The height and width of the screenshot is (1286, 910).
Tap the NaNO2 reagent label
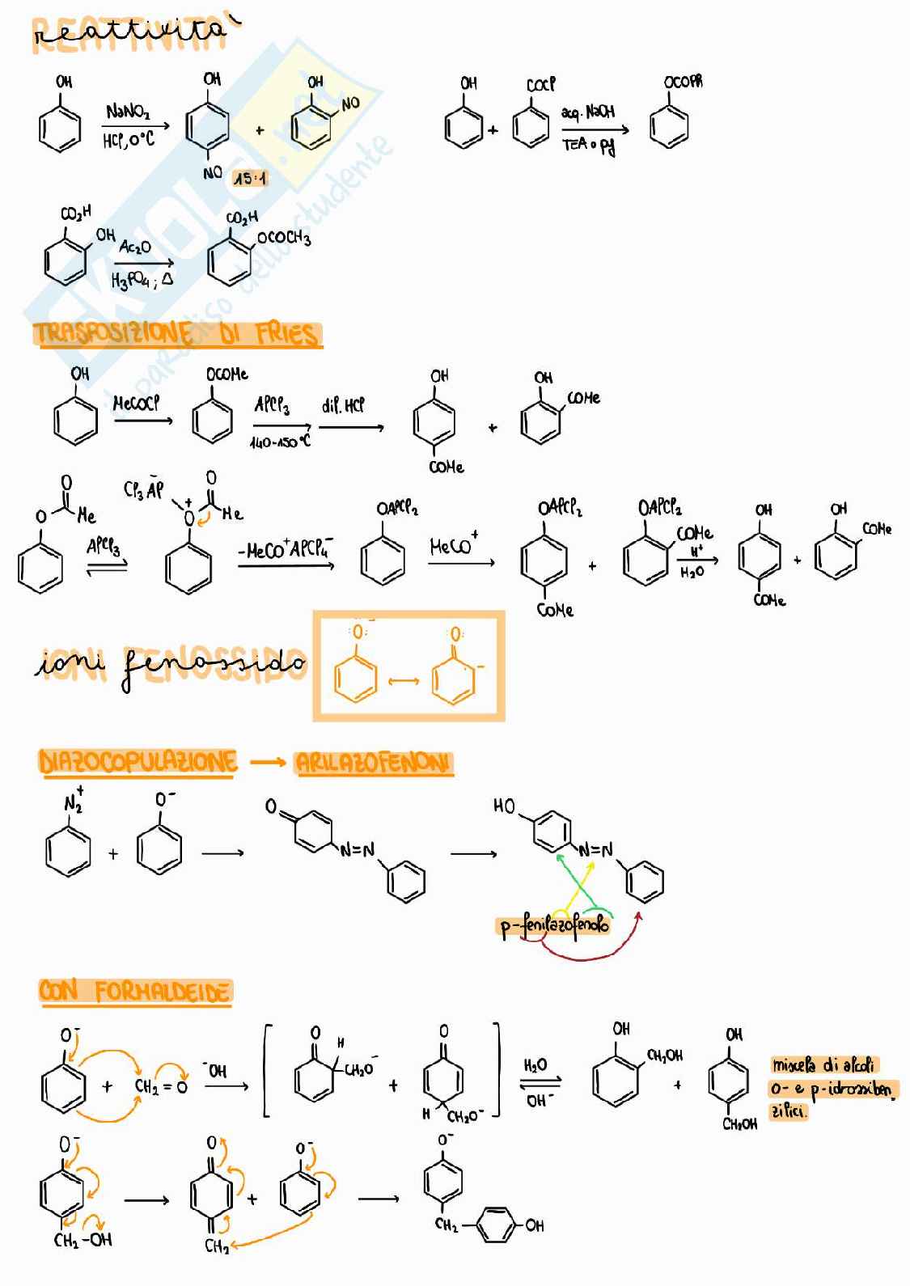(128, 112)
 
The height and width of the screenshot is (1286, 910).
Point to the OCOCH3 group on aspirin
(283, 238)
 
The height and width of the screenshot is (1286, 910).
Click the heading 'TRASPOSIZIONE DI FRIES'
(176, 334)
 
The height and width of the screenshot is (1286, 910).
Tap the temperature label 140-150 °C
(280, 442)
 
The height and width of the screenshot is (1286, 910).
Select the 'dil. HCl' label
(343, 404)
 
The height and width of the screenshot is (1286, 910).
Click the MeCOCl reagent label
(136, 402)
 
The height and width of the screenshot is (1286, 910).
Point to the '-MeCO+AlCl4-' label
(286, 551)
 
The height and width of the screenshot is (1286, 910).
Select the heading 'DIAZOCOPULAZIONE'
(138, 762)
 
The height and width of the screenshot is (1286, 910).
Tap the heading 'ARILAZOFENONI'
(373, 763)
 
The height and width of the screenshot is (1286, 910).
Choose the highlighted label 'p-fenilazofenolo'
(554, 924)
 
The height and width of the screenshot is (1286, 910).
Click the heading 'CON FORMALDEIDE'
(135, 992)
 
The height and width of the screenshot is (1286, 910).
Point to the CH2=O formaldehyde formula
(161, 1086)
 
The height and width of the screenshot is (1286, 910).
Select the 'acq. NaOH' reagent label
(588, 112)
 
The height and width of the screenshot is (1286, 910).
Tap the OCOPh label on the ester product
(683, 82)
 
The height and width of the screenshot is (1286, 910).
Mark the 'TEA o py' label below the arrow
(589, 146)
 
